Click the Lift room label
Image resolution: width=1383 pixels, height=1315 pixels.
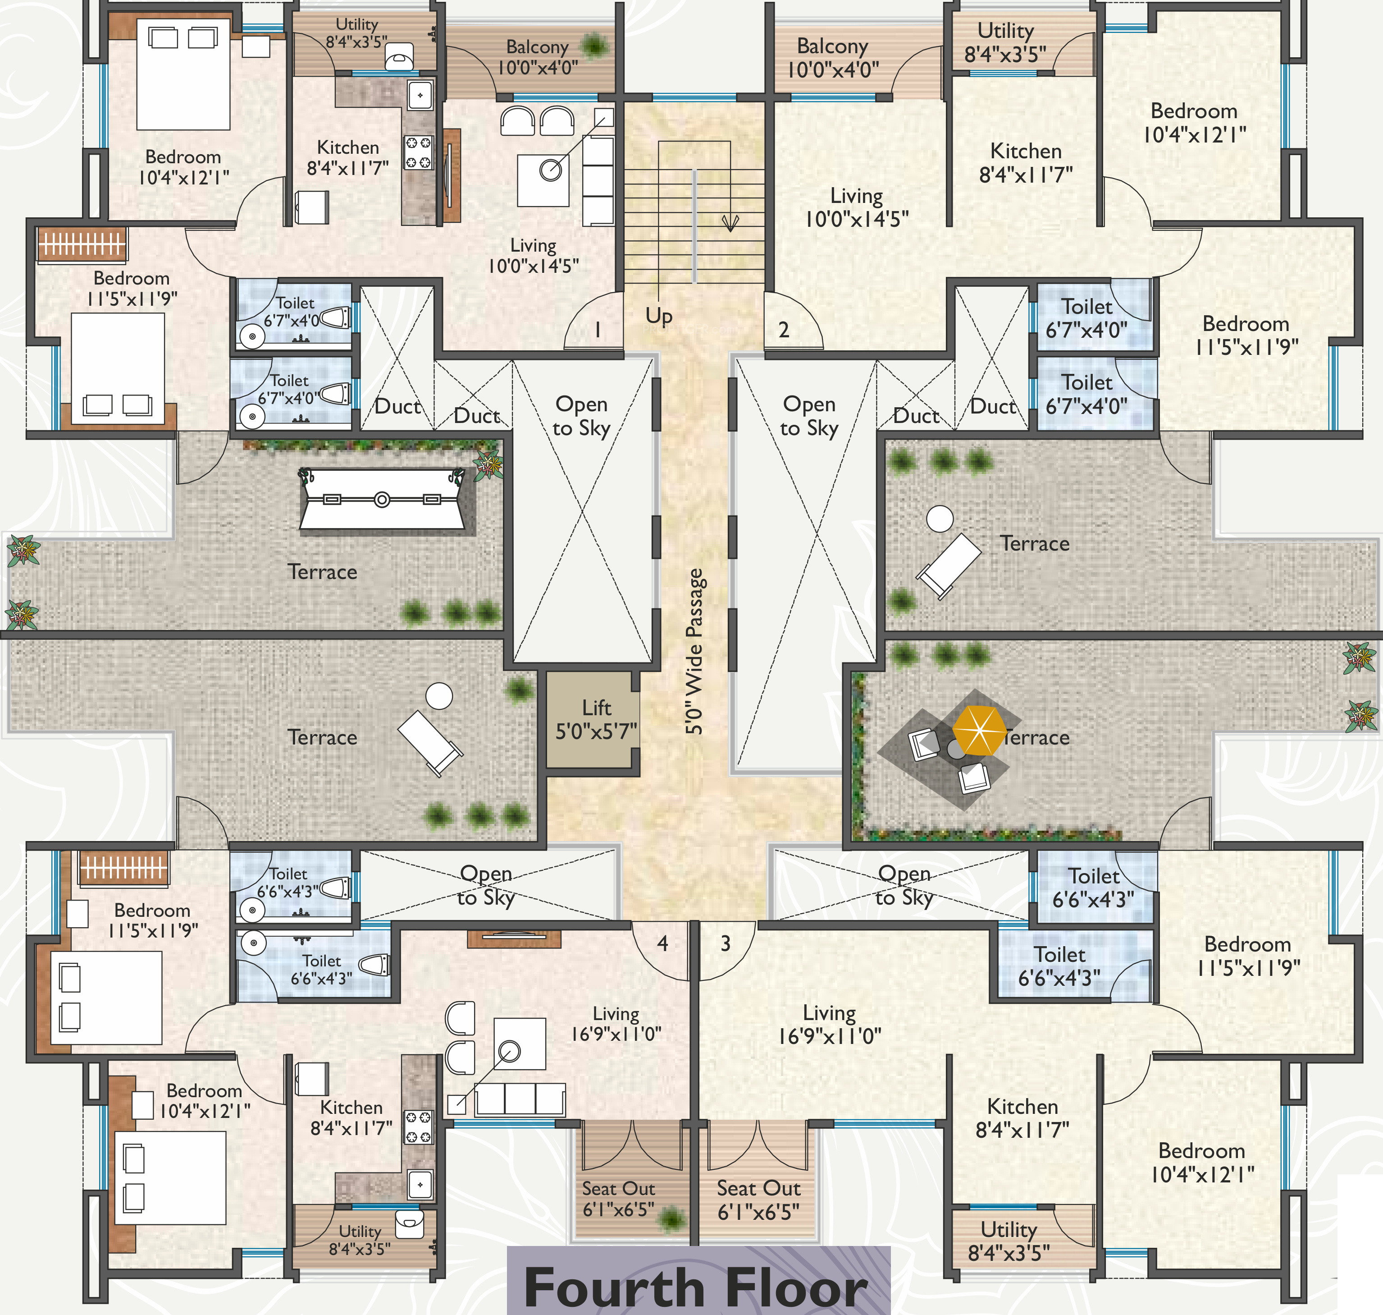596,720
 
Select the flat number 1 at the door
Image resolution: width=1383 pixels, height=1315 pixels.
598,330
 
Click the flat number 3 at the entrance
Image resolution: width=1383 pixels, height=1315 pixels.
726,943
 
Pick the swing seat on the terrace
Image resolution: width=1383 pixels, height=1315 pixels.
382,499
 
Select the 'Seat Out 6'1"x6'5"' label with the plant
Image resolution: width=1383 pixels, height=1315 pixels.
619,1199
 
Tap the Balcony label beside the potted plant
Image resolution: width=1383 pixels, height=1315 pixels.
537,57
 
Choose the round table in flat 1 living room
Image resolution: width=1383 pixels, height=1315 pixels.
551,170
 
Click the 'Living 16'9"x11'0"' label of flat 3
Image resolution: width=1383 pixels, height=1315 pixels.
830,1024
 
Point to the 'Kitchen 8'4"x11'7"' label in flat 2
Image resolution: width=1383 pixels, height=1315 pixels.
1026,162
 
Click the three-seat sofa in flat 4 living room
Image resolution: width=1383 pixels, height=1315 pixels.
520,1099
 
